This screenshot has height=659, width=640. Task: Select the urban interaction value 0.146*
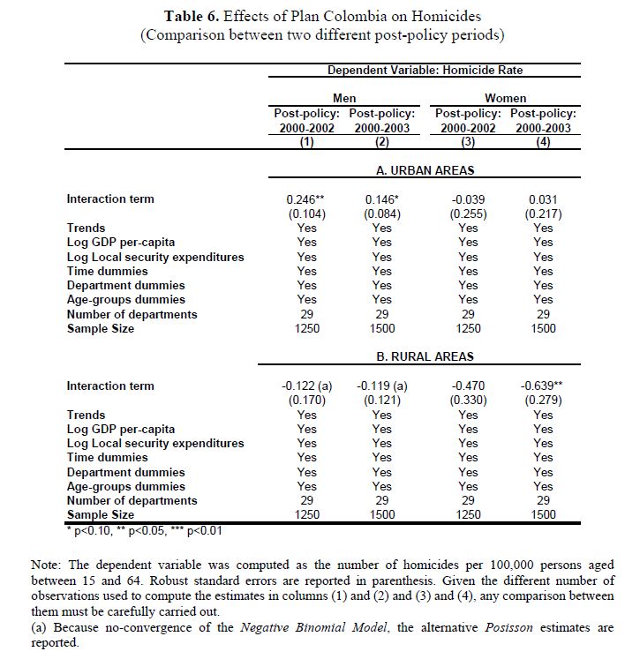381,199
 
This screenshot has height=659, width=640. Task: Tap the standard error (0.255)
468,213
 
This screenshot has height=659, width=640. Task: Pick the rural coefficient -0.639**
544,386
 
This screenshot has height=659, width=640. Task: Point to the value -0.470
468,386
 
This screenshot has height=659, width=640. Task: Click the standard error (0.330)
468,401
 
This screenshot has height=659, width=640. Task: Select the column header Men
344,98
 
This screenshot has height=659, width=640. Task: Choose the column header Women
505,98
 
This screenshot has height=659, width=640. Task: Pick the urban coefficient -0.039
468,199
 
